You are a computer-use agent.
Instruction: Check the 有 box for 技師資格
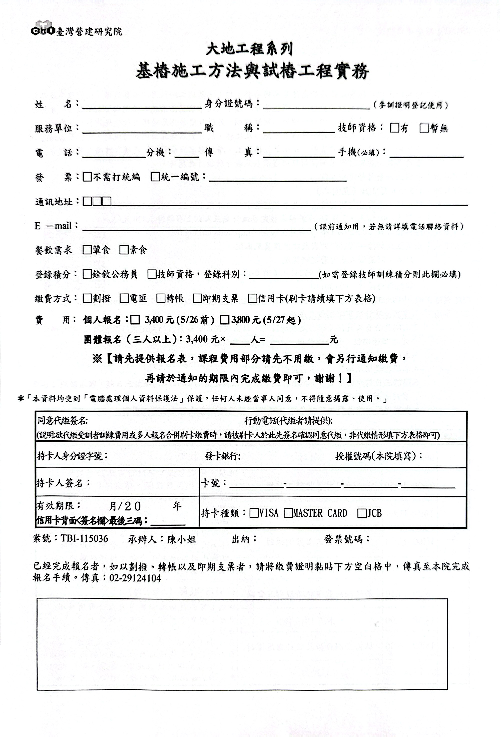click(394, 128)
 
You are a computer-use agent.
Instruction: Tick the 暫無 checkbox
click(424, 128)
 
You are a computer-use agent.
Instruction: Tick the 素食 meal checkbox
click(124, 250)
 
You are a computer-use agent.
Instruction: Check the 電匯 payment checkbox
click(124, 298)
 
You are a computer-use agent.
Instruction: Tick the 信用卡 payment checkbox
click(252, 298)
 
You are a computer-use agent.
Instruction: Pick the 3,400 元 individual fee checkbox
click(135, 320)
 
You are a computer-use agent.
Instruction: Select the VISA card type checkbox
click(254, 513)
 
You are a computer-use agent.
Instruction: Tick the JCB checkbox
click(362, 513)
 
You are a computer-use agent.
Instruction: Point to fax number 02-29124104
click(135, 578)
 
